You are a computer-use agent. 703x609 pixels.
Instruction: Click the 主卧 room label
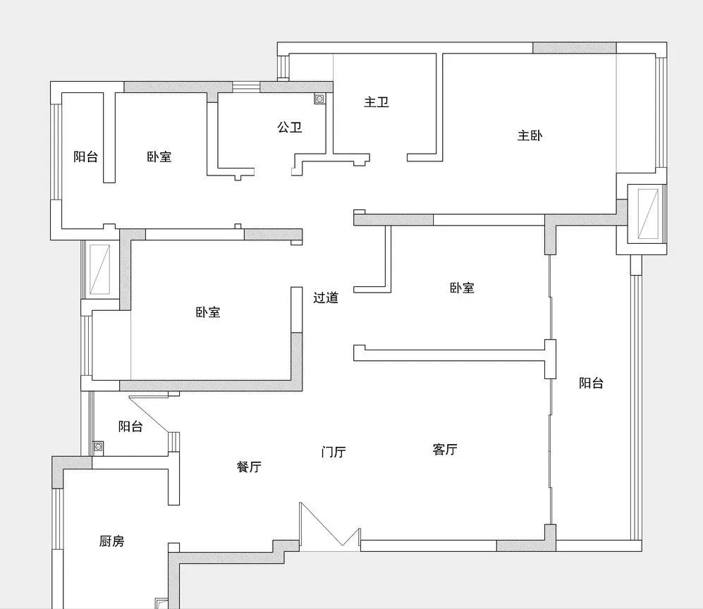(530, 135)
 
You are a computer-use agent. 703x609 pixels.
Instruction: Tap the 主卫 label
(376, 102)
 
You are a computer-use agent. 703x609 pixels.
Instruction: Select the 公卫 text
(289, 128)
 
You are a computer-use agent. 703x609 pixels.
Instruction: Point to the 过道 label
(326, 297)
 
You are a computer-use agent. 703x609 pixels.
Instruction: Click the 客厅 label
(445, 449)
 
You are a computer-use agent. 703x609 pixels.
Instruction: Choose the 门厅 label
(334, 452)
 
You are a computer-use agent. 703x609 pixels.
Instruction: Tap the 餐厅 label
(249, 467)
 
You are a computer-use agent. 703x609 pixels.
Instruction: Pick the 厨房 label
(111, 541)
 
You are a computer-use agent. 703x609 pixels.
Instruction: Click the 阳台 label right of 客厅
(591, 383)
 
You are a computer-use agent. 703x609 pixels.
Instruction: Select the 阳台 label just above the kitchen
(130, 426)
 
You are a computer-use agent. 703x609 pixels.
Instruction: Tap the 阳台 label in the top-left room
(85, 157)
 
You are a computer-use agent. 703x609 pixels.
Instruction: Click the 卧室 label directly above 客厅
(462, 288)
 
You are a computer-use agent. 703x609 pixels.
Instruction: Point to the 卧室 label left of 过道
(207, 312)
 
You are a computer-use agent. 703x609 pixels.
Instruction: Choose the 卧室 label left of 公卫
(159, 157)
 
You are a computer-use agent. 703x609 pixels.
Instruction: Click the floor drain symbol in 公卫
(319, 99)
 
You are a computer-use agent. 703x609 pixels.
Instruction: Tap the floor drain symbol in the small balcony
(98, 447)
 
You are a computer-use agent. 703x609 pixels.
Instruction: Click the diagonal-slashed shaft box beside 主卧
(647, 214)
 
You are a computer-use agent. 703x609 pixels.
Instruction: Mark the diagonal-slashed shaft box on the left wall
(100, 269)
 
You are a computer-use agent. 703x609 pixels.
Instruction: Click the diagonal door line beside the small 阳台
(149, 414)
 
